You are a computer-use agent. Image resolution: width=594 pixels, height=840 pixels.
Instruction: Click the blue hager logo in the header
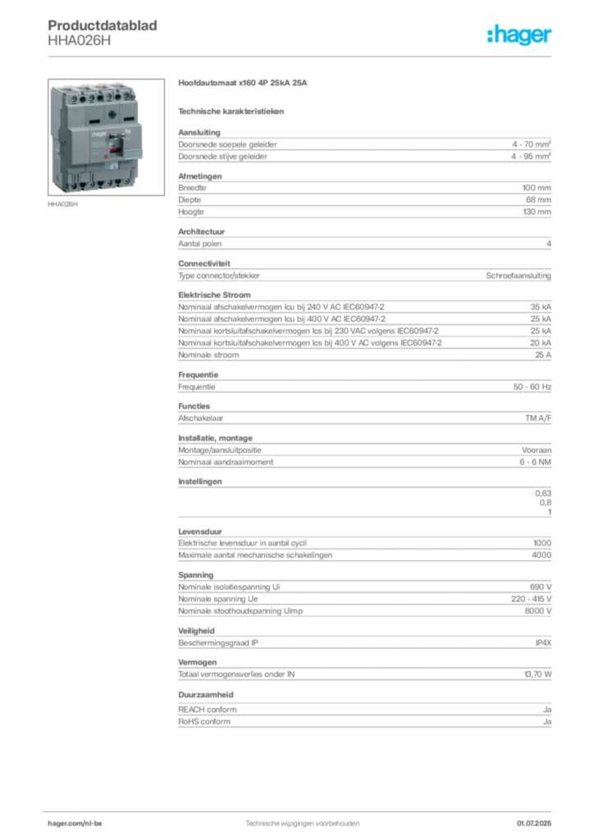pos(521,36)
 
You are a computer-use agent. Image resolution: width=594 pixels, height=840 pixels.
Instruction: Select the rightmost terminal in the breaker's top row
pos(126,96)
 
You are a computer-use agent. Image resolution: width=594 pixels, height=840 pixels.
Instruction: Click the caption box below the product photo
pos(62,205)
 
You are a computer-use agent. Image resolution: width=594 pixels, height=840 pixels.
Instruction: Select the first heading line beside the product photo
pos(243,84)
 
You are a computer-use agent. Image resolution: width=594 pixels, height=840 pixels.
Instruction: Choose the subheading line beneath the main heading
pos(233,110)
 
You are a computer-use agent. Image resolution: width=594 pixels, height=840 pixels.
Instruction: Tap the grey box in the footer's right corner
pos(539,819)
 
